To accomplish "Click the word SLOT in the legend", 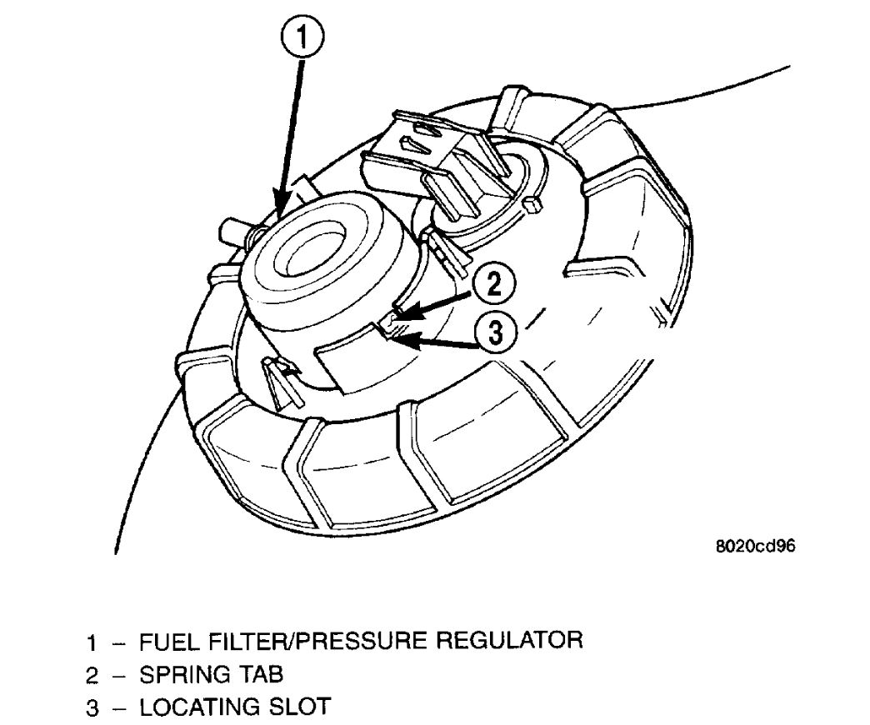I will point(299,707).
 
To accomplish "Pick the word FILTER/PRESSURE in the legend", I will point(315,642).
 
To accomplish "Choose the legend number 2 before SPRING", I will point(92,676).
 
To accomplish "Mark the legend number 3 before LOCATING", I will point(92,708).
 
